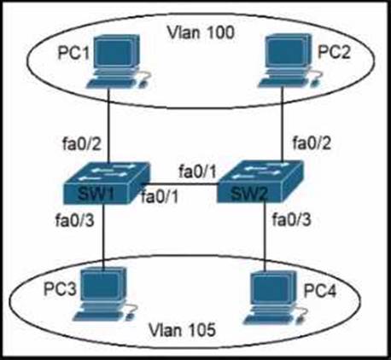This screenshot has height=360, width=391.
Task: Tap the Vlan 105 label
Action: coord(182,330)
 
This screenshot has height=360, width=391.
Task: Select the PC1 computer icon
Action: coord(118,61)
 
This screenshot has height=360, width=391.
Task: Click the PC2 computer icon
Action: coord(290,60)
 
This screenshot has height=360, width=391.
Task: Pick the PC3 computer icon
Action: coord(104,294)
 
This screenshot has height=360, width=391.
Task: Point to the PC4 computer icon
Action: coord(276,298)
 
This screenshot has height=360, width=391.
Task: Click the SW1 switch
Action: coord(107,183)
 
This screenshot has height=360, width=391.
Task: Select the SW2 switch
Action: coord(260,182)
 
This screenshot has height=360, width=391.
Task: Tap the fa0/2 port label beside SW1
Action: coord(82,144)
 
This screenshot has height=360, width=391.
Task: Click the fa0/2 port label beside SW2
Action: coord(312,142)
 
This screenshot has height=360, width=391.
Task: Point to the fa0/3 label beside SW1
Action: coord(74,220)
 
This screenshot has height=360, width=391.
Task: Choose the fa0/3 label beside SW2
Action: coord(292,219)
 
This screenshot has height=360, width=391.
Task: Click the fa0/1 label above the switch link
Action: coord(197,171)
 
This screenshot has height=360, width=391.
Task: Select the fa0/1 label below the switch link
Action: coord(160,196)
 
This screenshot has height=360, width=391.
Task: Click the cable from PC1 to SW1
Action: coord(108,125)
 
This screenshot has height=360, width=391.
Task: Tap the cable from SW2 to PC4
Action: coord(265,235)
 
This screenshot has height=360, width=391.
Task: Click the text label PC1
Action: coord(73,53)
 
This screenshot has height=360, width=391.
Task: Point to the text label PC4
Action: coord(320,291)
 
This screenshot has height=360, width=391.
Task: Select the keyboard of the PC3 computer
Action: coord(100,314)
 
